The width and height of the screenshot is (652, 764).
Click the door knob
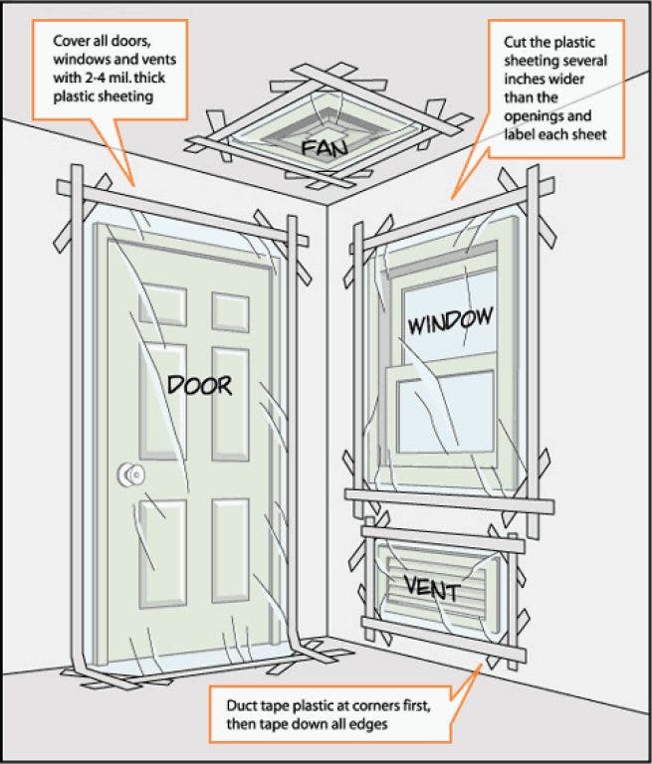127,476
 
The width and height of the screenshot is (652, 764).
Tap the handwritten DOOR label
198,384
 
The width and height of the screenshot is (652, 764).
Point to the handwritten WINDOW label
449,321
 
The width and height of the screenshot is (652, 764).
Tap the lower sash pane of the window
445,409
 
